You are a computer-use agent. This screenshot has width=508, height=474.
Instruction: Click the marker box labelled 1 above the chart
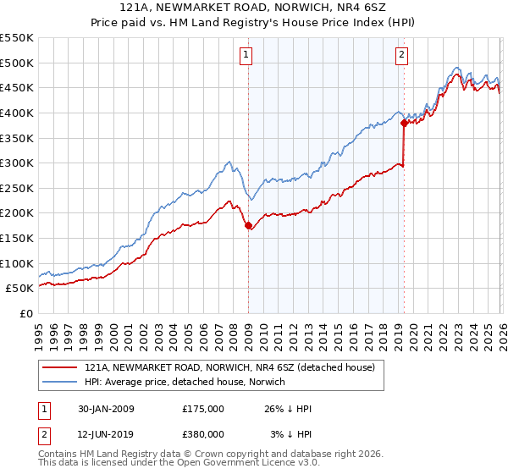pyautogui.click(x=247, y=55)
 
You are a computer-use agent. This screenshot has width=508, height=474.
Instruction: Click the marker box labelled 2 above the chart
pyautogui.click(x=401, y=55)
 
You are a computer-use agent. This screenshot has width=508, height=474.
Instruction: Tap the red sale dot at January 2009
pyautogui.click(x=248, y=225)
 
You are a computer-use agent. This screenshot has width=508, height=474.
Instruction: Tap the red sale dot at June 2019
pyautogui.click(x=404, y=123)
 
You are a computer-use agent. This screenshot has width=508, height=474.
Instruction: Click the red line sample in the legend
pyautogui.click(x=60, y=368)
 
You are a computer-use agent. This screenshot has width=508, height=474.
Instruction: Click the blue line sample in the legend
pyautogui.click(x=60, y=383)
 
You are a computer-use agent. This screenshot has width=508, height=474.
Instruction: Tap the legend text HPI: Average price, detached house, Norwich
pyautogui.click(x=185, y=383)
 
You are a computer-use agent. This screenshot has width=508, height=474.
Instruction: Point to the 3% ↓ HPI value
pyautogui.click(x=290, y=434)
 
